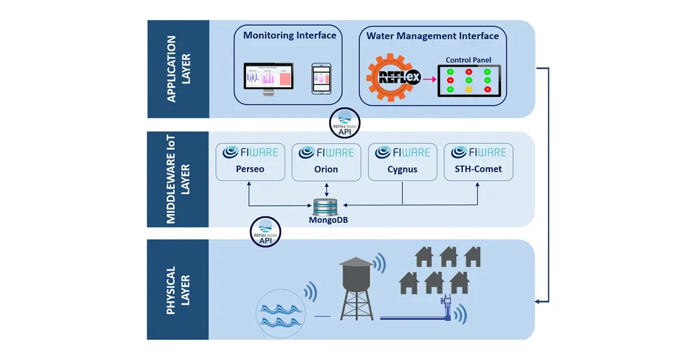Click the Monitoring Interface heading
(x=290, y=36)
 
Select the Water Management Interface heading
(x=432, y=36)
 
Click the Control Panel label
(x=468, y=60)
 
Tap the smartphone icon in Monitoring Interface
(x=321, y=79)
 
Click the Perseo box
(x=250, y=162)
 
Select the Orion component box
(x=326, y=162)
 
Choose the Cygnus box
(x=402, y=162)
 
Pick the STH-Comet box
(x=478, y=162)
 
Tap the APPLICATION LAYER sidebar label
(x=178, y=69)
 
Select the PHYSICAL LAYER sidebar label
(x=178, y=289)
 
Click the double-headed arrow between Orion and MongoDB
(x=326, y=189)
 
